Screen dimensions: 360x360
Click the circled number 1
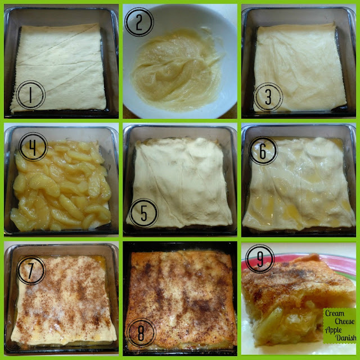click(x=30, y=95)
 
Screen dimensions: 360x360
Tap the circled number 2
click(x=139, y=22)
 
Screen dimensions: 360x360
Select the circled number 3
click(x=268, y=97)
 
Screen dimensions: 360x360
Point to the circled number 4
click(x=33, y=147)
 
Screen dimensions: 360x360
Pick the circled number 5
click(x=144, y=213)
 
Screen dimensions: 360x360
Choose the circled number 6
click(x=263, y=151)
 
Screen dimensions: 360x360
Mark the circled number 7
click(x=31, y=270)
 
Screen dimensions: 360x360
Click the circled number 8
click(x=141, y=332)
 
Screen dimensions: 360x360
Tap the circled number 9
click(x=260, y=259)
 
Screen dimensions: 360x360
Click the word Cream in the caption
click(x=335, y=313)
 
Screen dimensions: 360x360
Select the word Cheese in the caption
click(x=344, y=321)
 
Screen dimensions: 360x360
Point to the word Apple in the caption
click(x=334, y=330)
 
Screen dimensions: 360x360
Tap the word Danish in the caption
click(x=346, y=337)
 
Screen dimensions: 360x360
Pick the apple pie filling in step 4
click(x=61, y=186)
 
